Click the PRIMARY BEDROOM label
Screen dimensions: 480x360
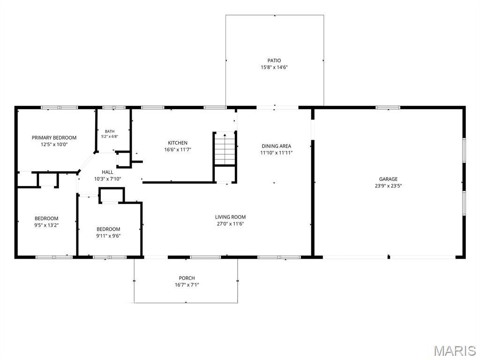(54, 138)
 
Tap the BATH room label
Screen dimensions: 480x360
(110, 131)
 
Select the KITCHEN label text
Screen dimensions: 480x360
(178, 143)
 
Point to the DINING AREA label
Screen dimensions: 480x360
(277, 146)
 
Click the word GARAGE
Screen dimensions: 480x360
(388, 179)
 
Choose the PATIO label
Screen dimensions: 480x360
(274, 60)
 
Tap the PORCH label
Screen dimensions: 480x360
(187, 278)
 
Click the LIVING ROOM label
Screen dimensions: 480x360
(230, 217)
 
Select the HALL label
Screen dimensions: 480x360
(107, 172)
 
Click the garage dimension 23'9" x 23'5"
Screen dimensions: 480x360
(388, 186)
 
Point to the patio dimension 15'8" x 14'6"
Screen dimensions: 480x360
(274, 67)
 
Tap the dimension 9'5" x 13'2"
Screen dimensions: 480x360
(46, 225)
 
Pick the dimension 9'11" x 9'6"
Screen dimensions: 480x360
(108, 236)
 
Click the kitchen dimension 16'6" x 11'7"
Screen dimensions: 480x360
(178, 150)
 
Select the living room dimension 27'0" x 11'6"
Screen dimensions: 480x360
(230, 224)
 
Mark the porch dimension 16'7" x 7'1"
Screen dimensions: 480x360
(187, 285)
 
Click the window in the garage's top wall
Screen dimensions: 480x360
(388, 107)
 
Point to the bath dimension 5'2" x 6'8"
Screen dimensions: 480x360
(110, 136)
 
